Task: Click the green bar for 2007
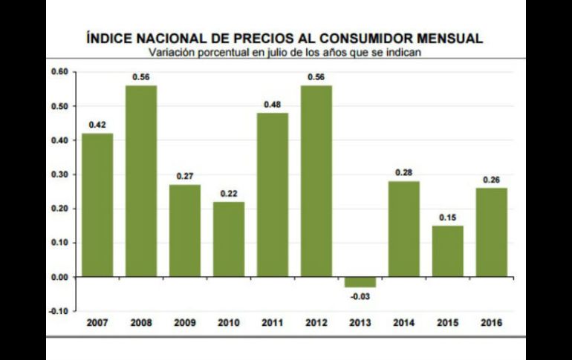point(97,204)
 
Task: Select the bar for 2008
point(141,180)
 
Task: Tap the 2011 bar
point(273,194)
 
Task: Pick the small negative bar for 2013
point(360,282)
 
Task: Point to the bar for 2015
point(448,251)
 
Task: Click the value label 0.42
point(97,125)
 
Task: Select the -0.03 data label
point(360,297)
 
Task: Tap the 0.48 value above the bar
point(273,104)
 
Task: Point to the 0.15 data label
point(448,217)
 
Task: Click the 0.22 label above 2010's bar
point(229,193)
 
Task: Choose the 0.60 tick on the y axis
point(59,72)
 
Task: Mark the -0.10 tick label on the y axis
point(58,311)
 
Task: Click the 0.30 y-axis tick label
point(59,174)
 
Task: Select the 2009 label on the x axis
point(185,324)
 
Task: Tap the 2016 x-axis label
point(492,324)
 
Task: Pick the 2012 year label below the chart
point(316,324)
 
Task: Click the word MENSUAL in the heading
point(453,38)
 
